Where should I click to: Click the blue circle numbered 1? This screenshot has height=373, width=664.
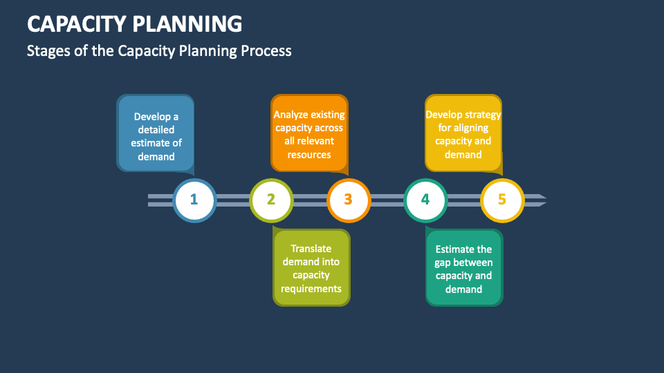point(194,200)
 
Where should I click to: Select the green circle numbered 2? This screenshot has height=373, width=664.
point(271,200)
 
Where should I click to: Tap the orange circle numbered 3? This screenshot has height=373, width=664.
point(349,200)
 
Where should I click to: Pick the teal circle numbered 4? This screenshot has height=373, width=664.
point(425,200)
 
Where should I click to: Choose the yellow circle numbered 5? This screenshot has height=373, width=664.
point(502,200)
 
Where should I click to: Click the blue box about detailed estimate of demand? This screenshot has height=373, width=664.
point(156,133)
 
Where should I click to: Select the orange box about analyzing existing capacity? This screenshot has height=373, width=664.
point(310,133)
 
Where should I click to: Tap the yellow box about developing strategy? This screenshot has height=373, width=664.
point(463,133)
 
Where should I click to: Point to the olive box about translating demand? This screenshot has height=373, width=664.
point(311,267)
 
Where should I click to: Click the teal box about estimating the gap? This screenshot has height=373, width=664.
point(464,267)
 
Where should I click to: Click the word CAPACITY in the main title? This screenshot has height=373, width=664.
point(77,23)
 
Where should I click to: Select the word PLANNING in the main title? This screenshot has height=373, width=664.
point(187,23)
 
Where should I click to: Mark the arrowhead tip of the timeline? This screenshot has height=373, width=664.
point(546,200)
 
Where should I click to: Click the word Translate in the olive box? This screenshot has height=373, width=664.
point(311,249)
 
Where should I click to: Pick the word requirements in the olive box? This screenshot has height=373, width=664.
point(311,289)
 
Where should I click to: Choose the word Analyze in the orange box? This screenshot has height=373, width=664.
point(288,115)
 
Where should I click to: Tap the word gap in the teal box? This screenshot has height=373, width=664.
point(442,263)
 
